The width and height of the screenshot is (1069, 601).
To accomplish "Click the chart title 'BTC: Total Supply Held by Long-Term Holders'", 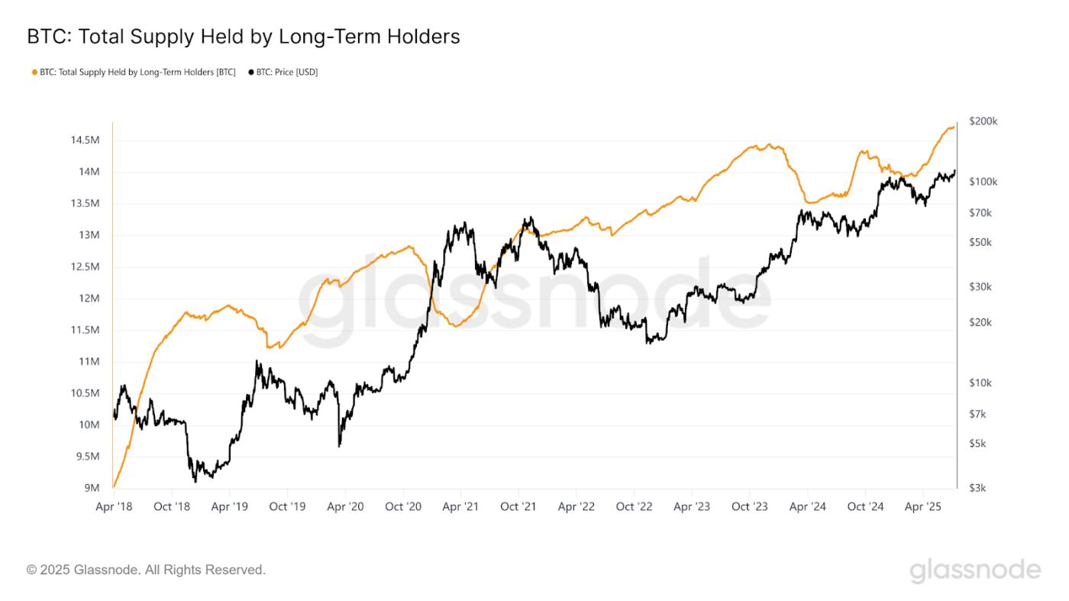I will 243,36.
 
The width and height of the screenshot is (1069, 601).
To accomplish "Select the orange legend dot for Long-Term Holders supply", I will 34,73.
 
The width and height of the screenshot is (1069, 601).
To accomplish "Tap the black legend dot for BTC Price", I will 251,73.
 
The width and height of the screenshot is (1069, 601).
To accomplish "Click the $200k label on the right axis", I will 983,121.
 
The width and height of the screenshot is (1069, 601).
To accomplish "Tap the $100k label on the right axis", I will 983,182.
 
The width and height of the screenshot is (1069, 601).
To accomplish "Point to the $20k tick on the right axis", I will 980,322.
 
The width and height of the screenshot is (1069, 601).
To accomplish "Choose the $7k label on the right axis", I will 979,414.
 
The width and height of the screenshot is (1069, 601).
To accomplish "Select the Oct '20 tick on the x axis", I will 403,506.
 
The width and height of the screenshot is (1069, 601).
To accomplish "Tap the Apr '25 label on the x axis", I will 924,506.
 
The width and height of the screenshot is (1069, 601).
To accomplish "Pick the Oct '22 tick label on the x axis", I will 635,506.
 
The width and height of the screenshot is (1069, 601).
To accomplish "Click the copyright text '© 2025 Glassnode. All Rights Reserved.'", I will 146,570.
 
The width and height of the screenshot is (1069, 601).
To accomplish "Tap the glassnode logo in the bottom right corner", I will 975,570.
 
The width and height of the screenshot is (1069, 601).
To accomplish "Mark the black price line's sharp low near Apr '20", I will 339,445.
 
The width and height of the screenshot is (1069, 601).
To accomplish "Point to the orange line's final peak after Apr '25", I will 953,127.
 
